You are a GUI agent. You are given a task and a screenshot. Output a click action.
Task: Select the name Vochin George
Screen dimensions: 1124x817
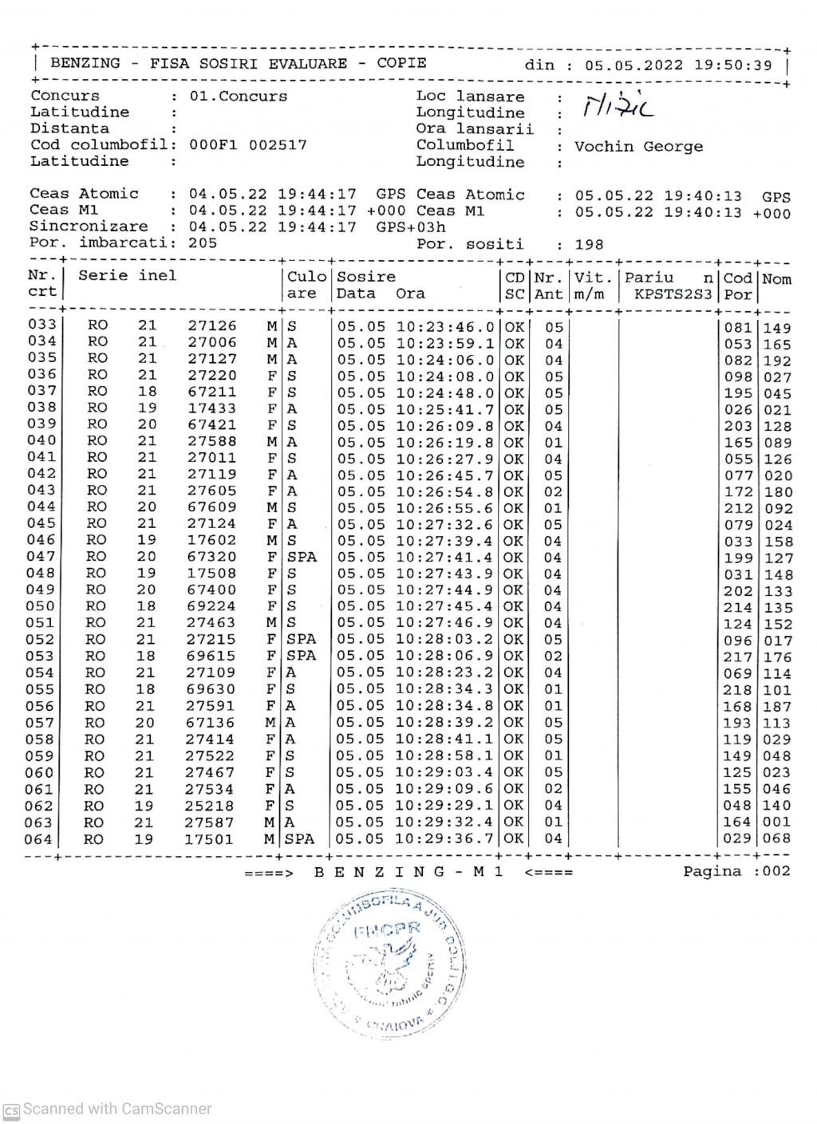point(638,147)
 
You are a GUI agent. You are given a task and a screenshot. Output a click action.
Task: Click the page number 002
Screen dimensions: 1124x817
point(776,871)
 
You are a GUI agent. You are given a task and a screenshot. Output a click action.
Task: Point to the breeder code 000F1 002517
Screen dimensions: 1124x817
point(247,145)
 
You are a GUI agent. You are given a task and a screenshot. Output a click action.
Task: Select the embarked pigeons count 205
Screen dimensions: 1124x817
point(203,243)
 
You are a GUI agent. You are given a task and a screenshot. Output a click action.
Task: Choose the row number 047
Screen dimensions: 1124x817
point(42,557)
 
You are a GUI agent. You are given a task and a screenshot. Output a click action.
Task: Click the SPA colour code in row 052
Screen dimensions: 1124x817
point(302,640)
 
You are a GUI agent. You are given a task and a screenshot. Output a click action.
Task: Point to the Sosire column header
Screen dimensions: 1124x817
point(366,277)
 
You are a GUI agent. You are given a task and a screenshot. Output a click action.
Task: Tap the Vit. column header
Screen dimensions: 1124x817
point(592,278)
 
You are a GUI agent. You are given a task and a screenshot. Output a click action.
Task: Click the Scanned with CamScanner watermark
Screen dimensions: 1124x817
point(109,1109)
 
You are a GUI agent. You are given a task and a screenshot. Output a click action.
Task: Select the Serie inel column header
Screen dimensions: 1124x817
point(128,276)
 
